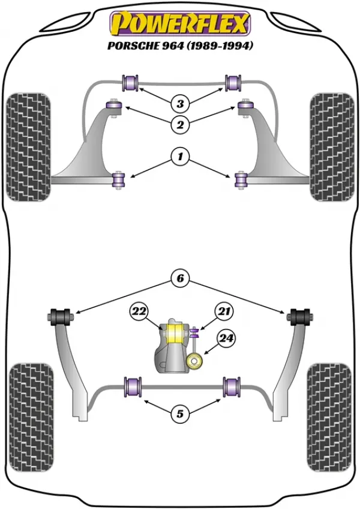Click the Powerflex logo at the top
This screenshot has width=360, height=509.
pyautogui.click(x=180, y=23)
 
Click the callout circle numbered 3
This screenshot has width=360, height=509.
pyautogui.click(x=180, y=104)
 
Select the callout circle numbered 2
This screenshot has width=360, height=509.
pyautogui.click(x=180, y=124)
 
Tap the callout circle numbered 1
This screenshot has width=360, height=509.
pyautogui.click(x=180, y=157)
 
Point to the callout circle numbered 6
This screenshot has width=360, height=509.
pyautogui.click(x=180, y=278)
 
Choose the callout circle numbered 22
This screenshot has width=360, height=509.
pyautogui.click(x=139, y=312)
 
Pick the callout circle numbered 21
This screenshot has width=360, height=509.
pyautogui.click(x=224, y=312)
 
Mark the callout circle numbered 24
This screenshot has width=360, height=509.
pyautogui.click(x=226, y=339)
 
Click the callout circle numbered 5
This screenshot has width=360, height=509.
pyautogui.click(x=180, y=414)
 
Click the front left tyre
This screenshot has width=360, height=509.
pyautogui.click(x=29, y=147)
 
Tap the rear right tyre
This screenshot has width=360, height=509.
pyautogui.click(x=329, y=417)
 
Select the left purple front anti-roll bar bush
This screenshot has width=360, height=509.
pyautogui.click(x=130, y=83)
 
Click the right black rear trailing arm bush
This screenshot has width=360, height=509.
pyautogui.click(x=299, y=316)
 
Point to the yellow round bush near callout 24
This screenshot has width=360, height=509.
pyautogui.click(x=194, y=361)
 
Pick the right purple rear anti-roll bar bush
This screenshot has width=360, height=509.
pyautogui.click(x=232, y=387)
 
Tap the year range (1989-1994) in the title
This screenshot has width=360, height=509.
pyautogui.click(x=219, y=46)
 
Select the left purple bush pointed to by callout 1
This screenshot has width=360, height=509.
pyautogui.click(x=118, y=179)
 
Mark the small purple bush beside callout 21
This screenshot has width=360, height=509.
pyautogui.click(x=195, y=332)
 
